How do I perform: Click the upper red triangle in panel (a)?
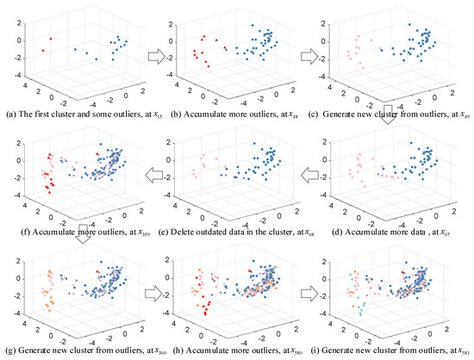coord(52,39)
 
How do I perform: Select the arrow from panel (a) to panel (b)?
coord(157,59)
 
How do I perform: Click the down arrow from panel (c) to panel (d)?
coord(393,123)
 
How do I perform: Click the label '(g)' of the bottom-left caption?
coord(8,350)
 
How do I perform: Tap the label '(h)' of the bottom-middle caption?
coord(168,350)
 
